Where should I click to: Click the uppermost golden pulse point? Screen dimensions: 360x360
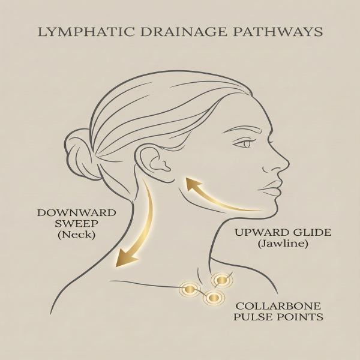pos(221,279)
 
